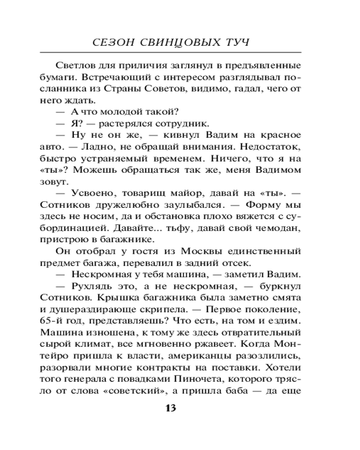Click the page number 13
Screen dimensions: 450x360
pos(171,408)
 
